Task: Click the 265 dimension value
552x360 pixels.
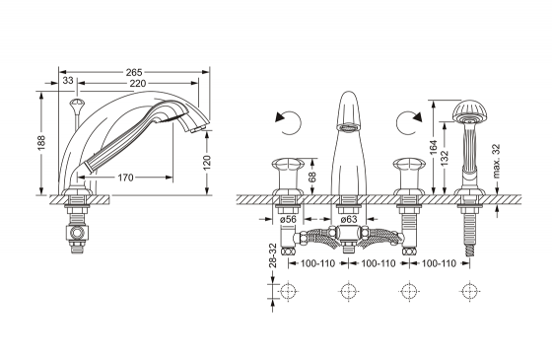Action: pos(134,72)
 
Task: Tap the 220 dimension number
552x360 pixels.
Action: pos(138,84)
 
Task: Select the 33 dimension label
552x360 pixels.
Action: pos(68,80)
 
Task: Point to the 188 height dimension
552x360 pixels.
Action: pos(41,142)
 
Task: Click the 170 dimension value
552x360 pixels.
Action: pos(125,178)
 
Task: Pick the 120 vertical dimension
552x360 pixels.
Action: pos(207,163)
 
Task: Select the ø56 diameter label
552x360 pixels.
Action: pos(288,219)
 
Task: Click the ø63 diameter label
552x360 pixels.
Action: pos(349,219)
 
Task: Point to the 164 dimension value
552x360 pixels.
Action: pos(434,148)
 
